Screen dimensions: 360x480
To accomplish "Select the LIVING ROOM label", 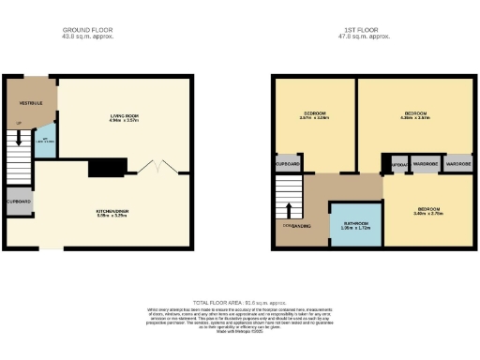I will (124, 117).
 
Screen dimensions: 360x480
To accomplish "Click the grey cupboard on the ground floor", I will (19, 202).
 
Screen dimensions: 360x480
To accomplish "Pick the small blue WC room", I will (42, 147).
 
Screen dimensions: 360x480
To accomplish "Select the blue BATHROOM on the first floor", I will (355, 225).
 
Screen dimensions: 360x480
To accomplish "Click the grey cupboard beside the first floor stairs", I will (288, 165).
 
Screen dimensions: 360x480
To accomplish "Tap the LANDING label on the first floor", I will (302, 226).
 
